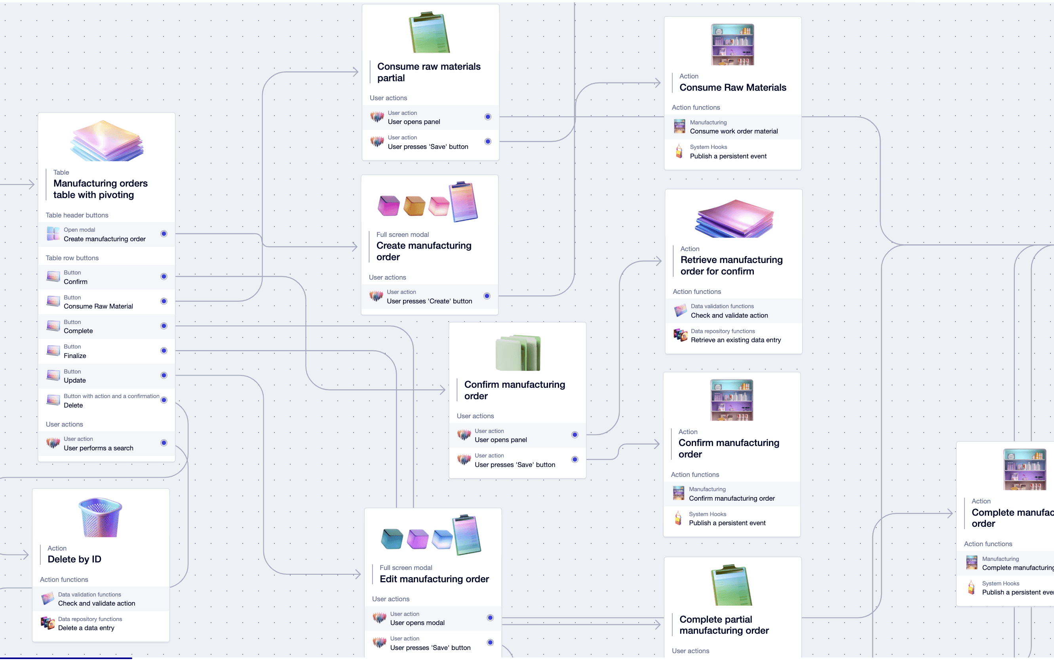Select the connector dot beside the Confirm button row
164,276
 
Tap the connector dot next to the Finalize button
164,351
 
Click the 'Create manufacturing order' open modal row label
105,239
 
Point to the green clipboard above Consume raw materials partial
429,33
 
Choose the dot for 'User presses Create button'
487,296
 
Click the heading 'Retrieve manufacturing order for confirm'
731,265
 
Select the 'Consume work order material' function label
734,131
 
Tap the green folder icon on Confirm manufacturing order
518,353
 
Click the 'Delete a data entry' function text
86,627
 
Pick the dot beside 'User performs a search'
164,443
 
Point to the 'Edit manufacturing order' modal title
434,579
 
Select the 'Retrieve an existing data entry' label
735,340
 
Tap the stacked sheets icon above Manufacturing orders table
107,141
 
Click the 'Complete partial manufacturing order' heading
724,625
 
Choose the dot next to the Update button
164,375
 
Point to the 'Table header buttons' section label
77,215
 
